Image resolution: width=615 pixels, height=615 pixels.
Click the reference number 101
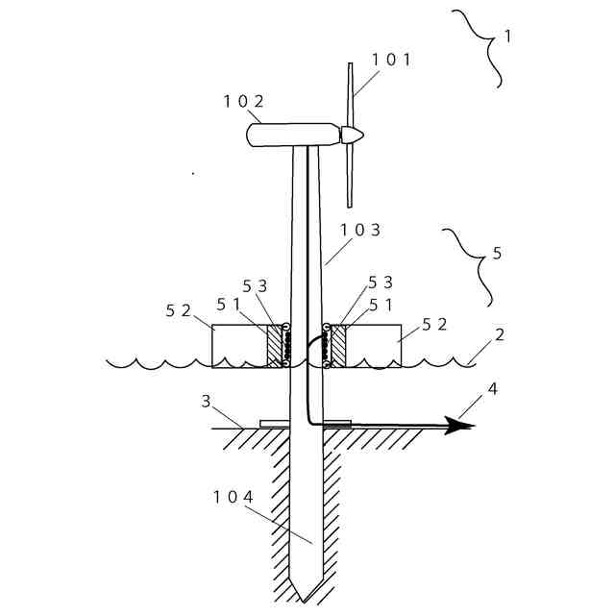[391, 60]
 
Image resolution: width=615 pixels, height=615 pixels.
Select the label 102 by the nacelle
[243, 101]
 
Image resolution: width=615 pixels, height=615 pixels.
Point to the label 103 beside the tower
[361, 230]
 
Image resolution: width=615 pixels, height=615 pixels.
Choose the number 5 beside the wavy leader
[496, 254]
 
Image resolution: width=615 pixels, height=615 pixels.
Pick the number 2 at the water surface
[499, 336]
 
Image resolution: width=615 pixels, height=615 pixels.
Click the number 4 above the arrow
[493, 389]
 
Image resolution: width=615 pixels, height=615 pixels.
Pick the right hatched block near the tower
[337, 346]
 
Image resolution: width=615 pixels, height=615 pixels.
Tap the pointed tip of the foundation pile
[307, 599]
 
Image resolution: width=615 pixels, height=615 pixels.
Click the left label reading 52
[179, 310]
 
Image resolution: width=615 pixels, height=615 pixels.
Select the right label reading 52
[435, 324]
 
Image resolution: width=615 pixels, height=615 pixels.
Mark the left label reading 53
[255, 286]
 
